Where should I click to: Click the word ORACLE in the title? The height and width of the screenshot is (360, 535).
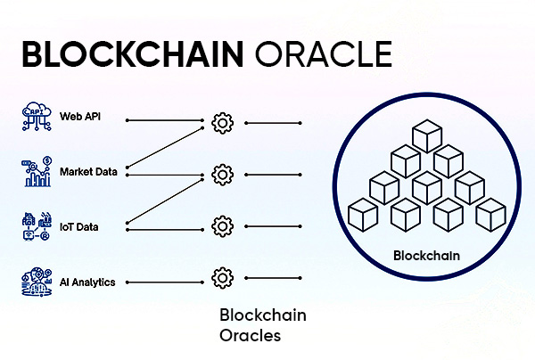click(323, 53)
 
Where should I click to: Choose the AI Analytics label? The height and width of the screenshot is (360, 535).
click(86, 282)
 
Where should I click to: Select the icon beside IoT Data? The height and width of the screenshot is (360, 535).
click(33, 226)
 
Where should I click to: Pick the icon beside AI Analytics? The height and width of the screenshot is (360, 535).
click(33, 282)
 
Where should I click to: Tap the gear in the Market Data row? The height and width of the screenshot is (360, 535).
click(222, 174)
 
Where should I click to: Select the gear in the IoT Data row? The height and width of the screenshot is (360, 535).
click(222, 225)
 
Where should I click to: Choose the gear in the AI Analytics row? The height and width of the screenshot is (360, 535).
click(222, 278)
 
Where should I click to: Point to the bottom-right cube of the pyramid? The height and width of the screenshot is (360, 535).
click(490, 214)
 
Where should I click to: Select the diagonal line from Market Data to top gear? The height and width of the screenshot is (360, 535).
click(169, 147)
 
